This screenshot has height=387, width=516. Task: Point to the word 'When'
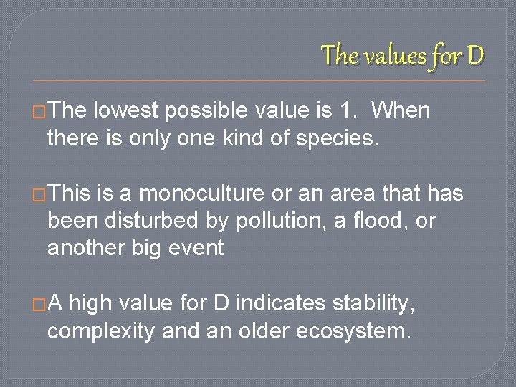pyautogui.click(x=403, y=111)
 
